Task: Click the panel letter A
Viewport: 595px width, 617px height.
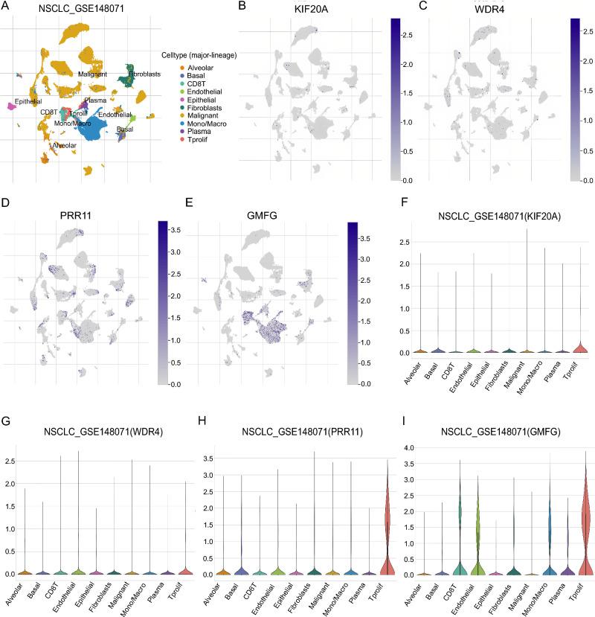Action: coord(7,8)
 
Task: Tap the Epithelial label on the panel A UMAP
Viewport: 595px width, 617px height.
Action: coord(28,101)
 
